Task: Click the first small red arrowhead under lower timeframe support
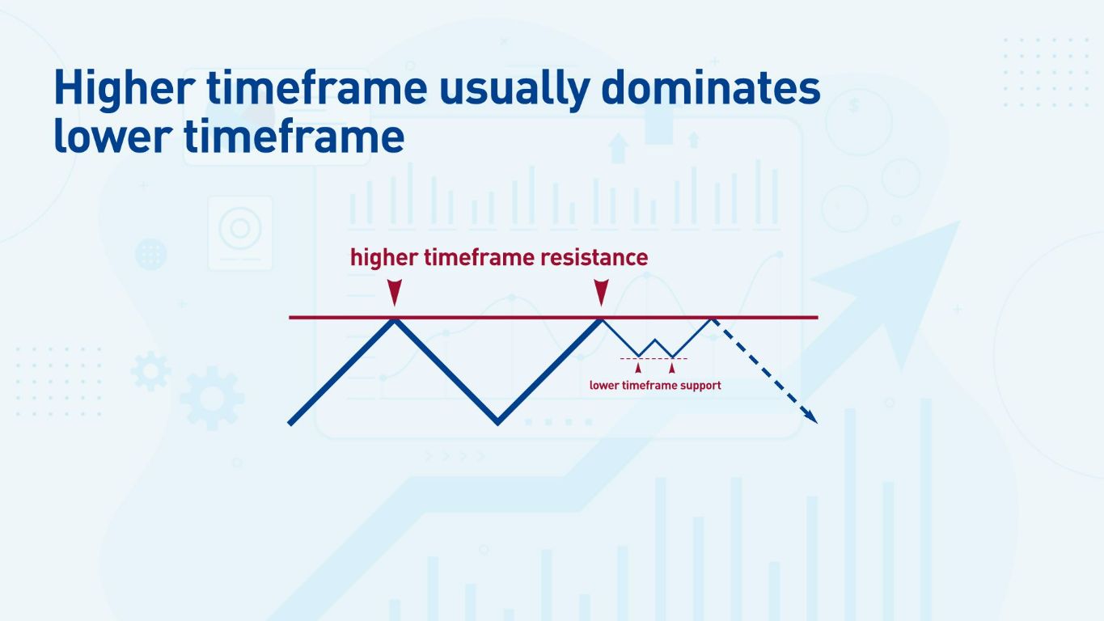pyautogui.click(x=638, y=368)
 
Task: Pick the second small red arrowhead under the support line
pyautogui.click(x=672, y=368)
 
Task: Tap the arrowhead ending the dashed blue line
pyautogui.click(x=811, y=416)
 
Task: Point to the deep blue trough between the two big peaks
pyautogui.click(x=497, y=420)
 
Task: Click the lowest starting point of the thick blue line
pyautogui.click(x=291, y=421)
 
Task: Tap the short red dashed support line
pyautogui.click(x=654, y=358)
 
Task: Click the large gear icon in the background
pyautogui.click(x=212, y=398)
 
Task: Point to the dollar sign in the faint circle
pyautogui.click(x=854, y=105)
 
